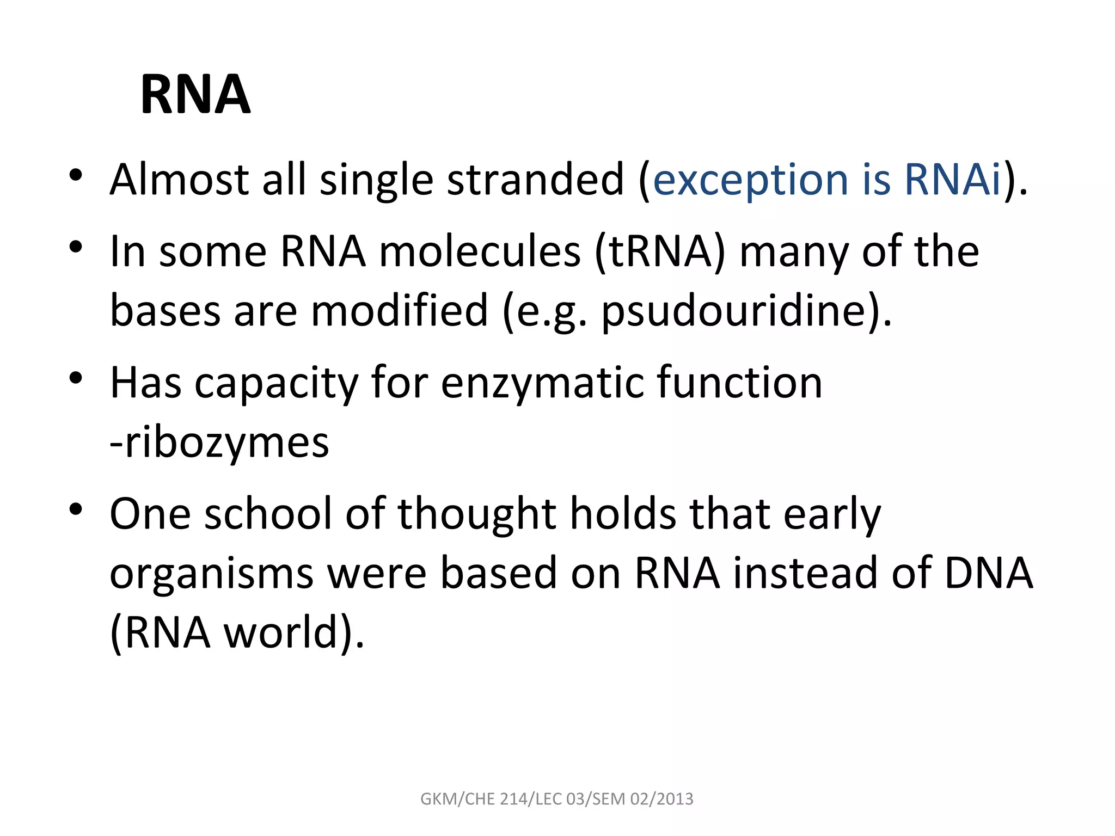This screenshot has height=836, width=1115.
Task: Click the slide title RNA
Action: point(195,95)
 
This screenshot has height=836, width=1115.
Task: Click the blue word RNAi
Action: point(952,180)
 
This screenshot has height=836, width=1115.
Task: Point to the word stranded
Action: point(535,180)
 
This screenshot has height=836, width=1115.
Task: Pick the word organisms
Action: point(212,575)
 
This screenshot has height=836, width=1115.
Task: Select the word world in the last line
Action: point(281,633)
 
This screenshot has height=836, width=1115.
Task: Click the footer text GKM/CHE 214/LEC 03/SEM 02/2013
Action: point(557,799)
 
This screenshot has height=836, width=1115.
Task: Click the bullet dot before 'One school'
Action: point(76,509)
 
